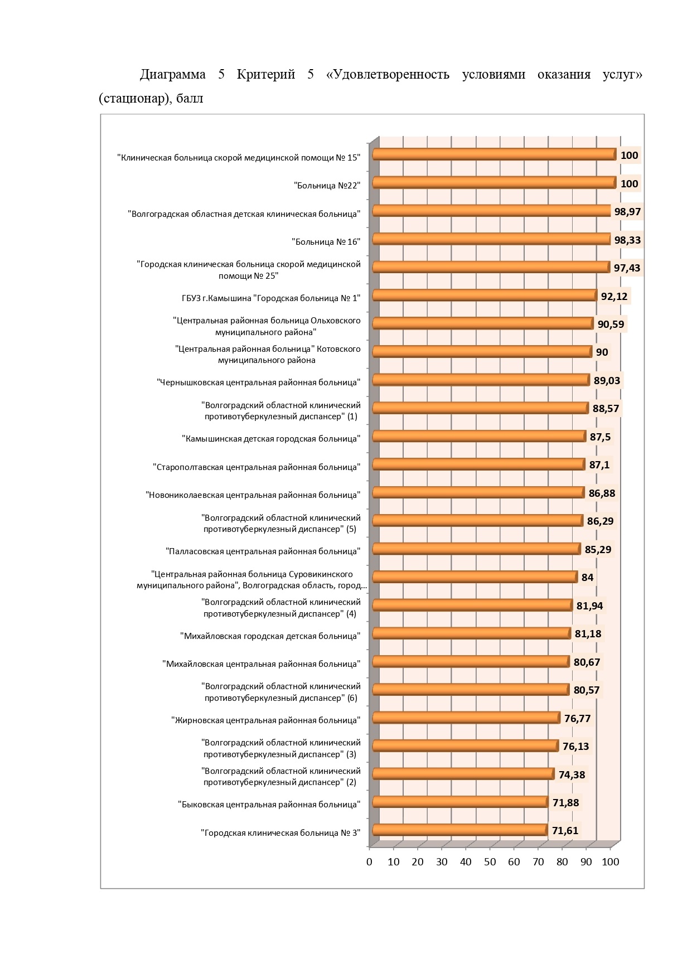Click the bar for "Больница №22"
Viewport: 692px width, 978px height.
coord(494,182)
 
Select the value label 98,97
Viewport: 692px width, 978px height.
coord(627,212)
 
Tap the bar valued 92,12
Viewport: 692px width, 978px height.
coord(485,295)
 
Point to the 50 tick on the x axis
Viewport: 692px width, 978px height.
coord(490,862)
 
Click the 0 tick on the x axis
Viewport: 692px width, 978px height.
coord(369,862)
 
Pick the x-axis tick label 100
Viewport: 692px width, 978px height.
coord(611,862)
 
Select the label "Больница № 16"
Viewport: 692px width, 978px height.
coord(326,241)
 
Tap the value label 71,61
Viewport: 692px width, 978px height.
coord(565,831)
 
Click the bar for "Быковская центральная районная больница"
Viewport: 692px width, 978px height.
coord(460,802)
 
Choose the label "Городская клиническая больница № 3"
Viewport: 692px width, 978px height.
coord(280,833)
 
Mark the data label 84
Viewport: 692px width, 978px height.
coord(588,578)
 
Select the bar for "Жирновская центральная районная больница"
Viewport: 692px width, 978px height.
coord(466,718)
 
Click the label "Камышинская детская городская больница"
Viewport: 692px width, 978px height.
coord(271,439)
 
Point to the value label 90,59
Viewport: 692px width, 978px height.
coord(611,324)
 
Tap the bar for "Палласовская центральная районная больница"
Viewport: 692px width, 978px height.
coord(477,549)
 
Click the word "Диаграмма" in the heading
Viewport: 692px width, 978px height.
coord(173,75)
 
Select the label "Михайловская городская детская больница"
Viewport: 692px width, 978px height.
coord(270,636)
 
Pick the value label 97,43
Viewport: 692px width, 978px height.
coord(627,268)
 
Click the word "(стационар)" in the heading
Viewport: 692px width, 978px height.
coord(134,99)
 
